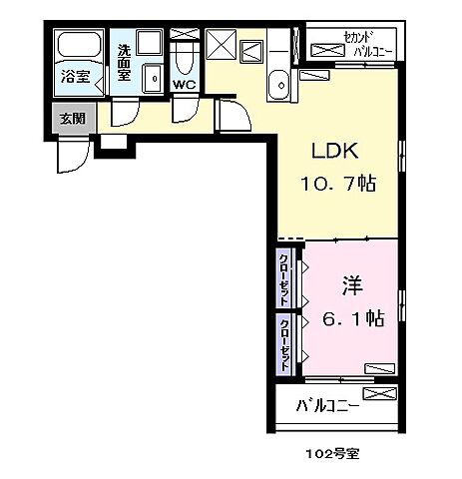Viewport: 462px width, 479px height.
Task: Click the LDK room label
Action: pyautogui.click(x=334, y=153)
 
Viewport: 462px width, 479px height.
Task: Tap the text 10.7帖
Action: pyautogui.click(x=334, y=186)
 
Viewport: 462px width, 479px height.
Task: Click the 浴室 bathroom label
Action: pyautogui.click(x=74, y=76)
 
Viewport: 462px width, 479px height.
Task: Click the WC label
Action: pyautogui.click(x=185, y=85)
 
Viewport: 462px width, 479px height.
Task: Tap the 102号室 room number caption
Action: pyautogui.click(x=331, y=452)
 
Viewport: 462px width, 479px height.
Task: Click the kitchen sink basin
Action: pyautogui.click(x=279, y=84)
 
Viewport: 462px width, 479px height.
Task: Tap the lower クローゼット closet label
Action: pyautogui.click(x=283, y=344)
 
